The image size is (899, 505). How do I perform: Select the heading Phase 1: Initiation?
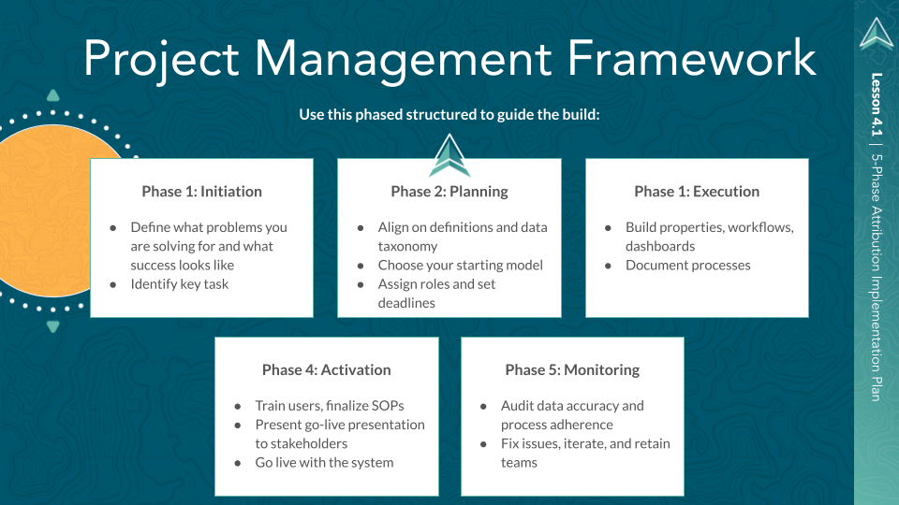[x=201, y=192]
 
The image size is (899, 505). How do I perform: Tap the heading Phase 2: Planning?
[x=449, y=192]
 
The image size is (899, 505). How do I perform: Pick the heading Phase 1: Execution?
[x=697, y=192]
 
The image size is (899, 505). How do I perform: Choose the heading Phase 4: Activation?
[x=326, y=369]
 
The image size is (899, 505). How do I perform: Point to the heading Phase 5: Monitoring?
[x=572, y=369]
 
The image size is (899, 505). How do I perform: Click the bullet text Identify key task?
[x=180, y=283]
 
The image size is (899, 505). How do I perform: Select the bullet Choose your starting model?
[x=461, y=265]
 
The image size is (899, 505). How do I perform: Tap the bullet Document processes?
[x=688, y=265]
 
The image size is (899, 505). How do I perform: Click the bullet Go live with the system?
[x=324, y=462]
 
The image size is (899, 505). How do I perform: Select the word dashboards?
[x=660, y=246]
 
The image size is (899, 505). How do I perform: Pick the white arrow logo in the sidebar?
[x=877, y=34]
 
